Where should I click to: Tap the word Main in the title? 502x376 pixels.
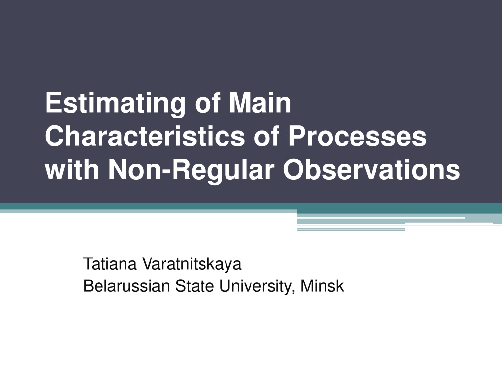click(x=260, y=103)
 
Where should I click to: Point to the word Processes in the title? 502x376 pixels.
click(x=357, y=136)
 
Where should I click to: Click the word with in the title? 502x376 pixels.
click(x=72, y=169)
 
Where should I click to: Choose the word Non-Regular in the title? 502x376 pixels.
click(x=191, y=170)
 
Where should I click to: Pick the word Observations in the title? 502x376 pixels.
click(x=372, y=169)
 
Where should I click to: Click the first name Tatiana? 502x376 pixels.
click(x=110, y=264)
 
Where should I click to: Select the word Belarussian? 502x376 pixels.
click(x=126, y=286)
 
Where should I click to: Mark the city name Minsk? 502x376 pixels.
click(x=322, y=286)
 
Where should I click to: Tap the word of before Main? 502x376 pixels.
click(x=207, y=103)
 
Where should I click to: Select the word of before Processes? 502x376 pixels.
click(x=267, y=136)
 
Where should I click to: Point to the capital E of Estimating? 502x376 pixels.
click(x=53, y=103)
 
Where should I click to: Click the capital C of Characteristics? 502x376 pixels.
click(x=55, y=136)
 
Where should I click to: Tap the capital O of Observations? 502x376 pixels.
click(x=294, y=169)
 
